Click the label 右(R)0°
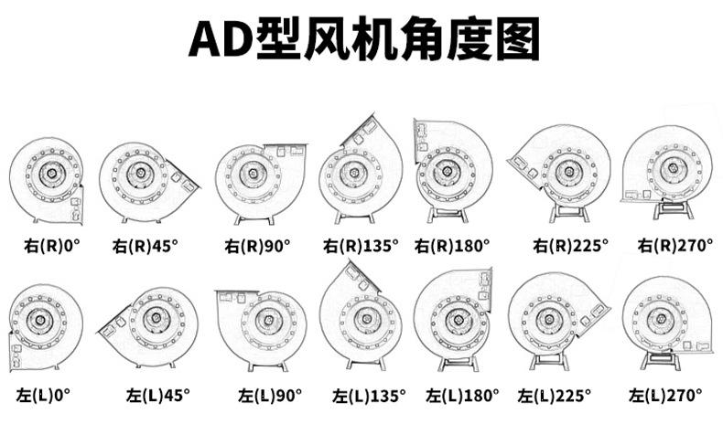[x=51, y=245]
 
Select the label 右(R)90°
[x=257, y=245]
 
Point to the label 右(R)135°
[x=361, y=245]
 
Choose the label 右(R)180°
[x=452, y=245]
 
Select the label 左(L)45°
[x=158, y=395]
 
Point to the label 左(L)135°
[x=370, y=396]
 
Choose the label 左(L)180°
[x=463, y=396]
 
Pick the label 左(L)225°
[x=555, y=396]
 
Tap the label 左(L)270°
[x=666, y=395]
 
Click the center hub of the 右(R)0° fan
[x=45, y=173]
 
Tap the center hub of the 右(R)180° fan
[x=448, y=170]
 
